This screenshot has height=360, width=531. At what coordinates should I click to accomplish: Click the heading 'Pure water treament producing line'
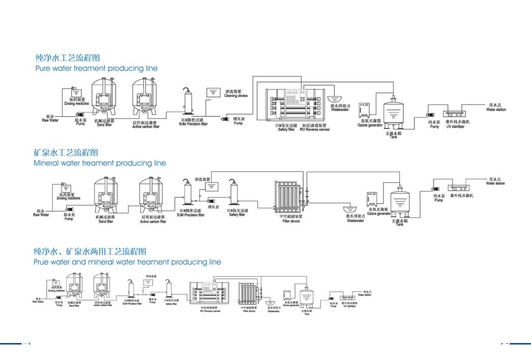pyautogui.click(x=97, y=68)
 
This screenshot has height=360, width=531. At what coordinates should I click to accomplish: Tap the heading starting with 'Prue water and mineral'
pyautogui.click(x=127, y=262)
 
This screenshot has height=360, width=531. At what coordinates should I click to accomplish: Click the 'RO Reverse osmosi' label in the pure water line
pyautogui.click(x=316, y=128)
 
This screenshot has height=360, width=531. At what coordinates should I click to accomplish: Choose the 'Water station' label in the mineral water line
pyautogui.click(x=495, y=184)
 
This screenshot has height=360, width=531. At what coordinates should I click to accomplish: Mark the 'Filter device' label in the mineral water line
pyautogui.click(x=290, y=221)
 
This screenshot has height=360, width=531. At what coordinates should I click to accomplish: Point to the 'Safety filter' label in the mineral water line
pyautogui.click(x=237, y=215)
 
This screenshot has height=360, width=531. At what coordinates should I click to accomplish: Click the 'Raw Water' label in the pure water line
pyautogui.click(x=50, y=120)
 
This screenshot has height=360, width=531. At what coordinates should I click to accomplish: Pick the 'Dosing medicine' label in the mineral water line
pyautogui.click(x=70, y=198)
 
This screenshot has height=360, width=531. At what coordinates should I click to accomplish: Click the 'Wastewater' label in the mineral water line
pyautogui.click(x=355, y=221)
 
